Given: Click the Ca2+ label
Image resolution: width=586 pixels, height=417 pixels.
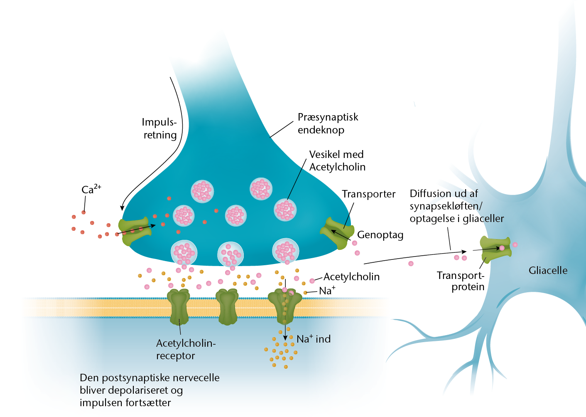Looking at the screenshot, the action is click(x=91, y=189).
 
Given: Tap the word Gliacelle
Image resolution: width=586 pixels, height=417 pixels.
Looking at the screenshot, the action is click(x=548, y=270).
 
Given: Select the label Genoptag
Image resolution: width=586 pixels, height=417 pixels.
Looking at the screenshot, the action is click(x=380, y=235).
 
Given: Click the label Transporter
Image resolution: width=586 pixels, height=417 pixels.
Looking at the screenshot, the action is click(x=369, y=194).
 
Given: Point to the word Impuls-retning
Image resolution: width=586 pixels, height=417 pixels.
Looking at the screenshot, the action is click(x=159, y=128).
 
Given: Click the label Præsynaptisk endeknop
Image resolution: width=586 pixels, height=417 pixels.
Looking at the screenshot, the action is click(x=328, y=123).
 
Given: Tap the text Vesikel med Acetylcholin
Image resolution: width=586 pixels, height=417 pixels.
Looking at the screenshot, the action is click(x=337, y=160).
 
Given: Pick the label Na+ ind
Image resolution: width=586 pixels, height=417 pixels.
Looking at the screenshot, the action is click(x=314, y=339).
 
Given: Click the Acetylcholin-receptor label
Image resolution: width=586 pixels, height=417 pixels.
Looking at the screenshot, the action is click(x=186, y=349).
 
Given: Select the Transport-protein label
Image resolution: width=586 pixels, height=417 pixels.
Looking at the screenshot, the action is click(x=461, y=281).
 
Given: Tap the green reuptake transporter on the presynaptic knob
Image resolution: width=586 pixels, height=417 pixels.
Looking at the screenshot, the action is click(x=337, y=233).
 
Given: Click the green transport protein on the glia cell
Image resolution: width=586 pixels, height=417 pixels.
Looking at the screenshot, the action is click(x=495, y=249).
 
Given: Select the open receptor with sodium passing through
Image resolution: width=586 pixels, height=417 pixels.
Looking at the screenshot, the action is click(x=285, y=306).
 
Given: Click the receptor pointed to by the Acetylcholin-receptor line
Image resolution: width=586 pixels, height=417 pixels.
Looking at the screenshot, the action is click(x=179, y=307).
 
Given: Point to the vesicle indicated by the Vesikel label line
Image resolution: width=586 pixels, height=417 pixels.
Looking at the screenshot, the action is click(x=285, y=210).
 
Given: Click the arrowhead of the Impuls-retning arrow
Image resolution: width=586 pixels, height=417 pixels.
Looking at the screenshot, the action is click(x=122, y=208).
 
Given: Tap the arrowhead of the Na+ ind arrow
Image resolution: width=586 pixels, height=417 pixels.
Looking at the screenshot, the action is click(x=285, y=338).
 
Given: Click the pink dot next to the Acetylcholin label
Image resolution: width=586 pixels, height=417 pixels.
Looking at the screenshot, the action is click(x=312, y=281).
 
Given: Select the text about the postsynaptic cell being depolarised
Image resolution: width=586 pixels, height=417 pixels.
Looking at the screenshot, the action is click(x=150, y=390).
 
